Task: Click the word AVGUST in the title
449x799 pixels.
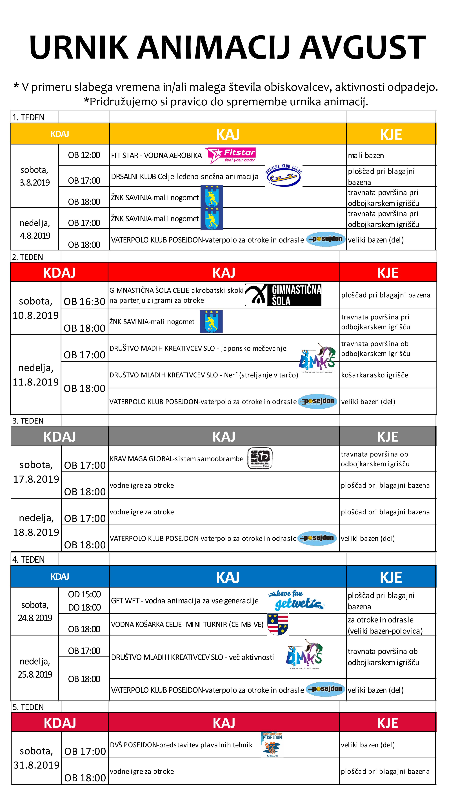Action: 363,47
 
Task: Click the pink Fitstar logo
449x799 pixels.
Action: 230,155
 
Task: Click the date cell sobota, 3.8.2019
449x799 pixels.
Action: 34,176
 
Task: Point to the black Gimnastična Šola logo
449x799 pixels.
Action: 283,295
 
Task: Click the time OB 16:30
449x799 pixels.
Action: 84,301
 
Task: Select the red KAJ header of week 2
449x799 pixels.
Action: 224,273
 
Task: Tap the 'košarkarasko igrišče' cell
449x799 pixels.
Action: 375,375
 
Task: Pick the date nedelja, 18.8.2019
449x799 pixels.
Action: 36,525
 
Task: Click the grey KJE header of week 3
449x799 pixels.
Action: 388,436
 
